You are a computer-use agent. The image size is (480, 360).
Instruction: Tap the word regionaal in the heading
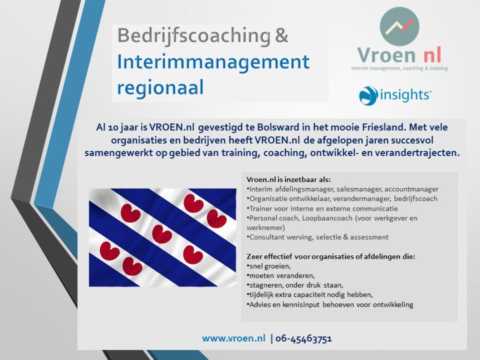(160, 88)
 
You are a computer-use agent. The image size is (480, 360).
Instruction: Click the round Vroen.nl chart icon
(399, 26)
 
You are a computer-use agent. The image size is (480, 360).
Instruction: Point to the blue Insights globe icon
(368, 96)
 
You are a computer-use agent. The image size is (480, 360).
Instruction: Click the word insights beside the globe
(405, 95)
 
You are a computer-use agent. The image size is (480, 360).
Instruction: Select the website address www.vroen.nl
(233, 338)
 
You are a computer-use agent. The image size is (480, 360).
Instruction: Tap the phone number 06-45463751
(303, 339)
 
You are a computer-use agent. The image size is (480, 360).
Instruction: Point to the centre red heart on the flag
(162, 234)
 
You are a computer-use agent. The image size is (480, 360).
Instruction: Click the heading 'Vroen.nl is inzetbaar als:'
(288, 180)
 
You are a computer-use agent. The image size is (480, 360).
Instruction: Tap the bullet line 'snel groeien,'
(269, 266)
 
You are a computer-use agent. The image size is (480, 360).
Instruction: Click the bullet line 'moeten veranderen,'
(281, 275)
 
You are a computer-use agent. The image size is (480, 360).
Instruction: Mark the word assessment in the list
(369, 237)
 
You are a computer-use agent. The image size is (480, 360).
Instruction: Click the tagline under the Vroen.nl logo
(399, 68)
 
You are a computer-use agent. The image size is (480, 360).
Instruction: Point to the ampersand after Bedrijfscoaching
(282, 36)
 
